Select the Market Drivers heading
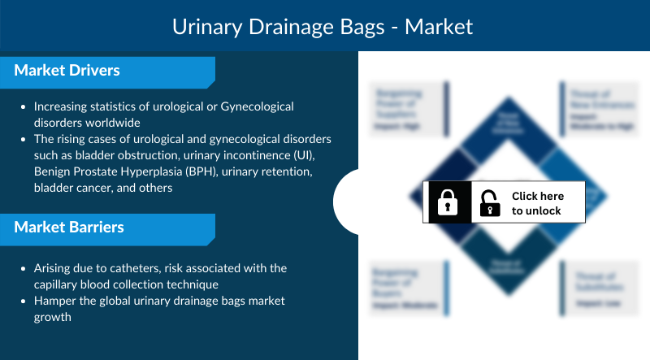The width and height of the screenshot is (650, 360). (x=67, y=71)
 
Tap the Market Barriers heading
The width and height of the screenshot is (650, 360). (x=69, y=227)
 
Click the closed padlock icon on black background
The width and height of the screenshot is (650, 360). (x=448, y=202)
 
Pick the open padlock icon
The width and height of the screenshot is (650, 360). (x=489, y=203)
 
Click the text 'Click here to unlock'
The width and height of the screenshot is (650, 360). (x=536, y=203)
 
